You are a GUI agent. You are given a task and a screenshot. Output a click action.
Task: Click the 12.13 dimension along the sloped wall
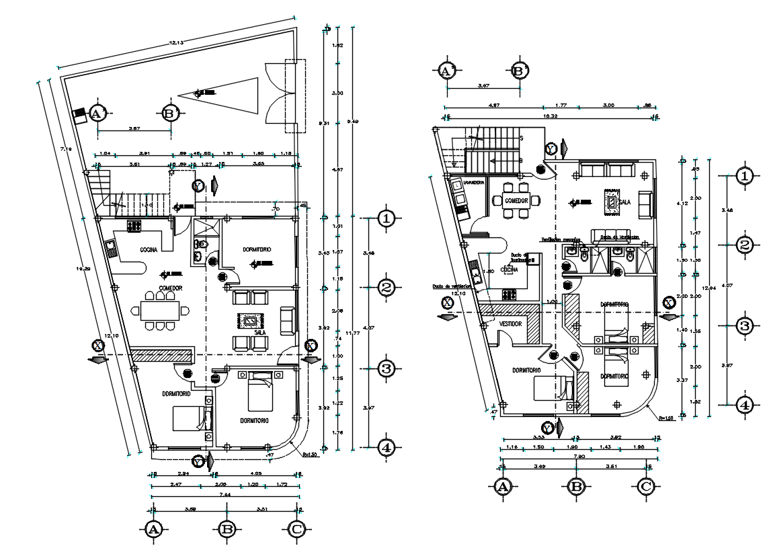pyautogui.click(x=176, y=42)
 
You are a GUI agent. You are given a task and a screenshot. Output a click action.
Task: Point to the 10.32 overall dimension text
pyautogui.click(x=551, y=116)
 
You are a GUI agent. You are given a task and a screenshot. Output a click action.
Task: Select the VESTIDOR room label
pyautogui.click(x=511, y=323)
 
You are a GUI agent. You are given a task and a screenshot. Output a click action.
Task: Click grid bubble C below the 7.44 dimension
pyautogui.click(x=296, y=530)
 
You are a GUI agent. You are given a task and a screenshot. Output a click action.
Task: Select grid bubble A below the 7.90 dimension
pyautogui.click(x=502, y=487)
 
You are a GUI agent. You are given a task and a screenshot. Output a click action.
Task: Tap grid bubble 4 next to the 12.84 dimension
pyautogui.click(x=744, y=405)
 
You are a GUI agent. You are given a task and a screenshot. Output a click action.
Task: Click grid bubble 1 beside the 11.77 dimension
pyautogui.click(x=385, y=218)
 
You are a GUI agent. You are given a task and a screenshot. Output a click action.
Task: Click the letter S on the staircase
pyautogui.click(x=521, y=137)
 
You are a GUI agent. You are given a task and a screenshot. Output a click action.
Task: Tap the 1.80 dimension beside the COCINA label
pyautogui.click(x=490, y=271)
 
